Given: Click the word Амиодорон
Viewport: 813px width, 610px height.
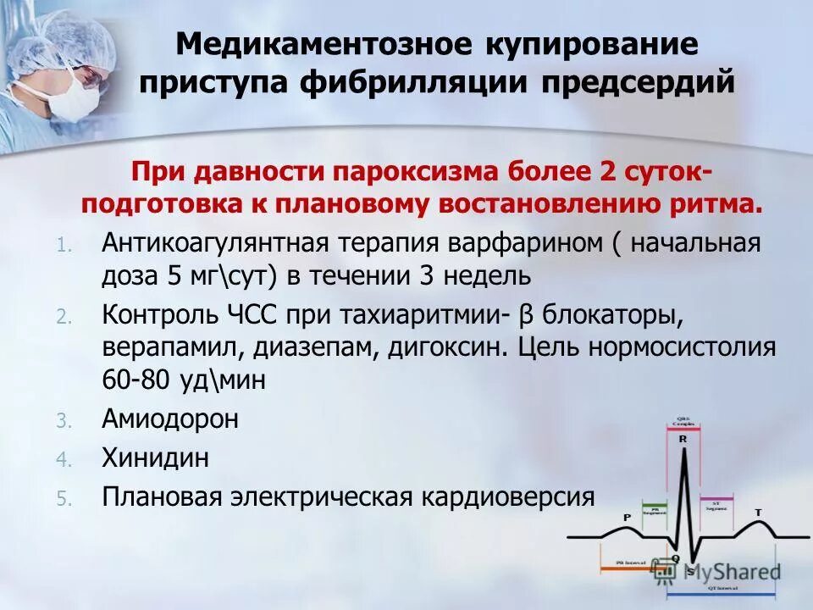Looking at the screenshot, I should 170,419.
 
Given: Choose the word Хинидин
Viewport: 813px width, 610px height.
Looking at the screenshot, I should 155,458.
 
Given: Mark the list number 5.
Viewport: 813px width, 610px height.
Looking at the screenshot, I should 61,499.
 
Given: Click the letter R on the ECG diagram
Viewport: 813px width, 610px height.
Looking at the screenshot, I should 683,440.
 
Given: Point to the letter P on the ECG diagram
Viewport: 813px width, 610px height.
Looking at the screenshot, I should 627,516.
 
